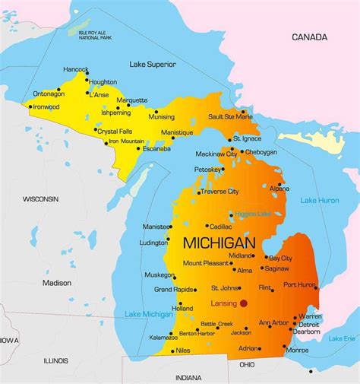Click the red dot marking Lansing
(244, 303)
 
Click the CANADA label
(310, 36)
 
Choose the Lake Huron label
(320, 200)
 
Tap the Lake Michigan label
(147, 314)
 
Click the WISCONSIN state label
(40, 198)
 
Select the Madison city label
(56, 283)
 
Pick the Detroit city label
(308, 325)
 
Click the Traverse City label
(219, 192)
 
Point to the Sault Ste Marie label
(230, 116)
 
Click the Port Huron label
(299, 284)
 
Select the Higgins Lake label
(253, 214)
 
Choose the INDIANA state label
(188, 378)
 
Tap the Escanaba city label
(157, 148)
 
